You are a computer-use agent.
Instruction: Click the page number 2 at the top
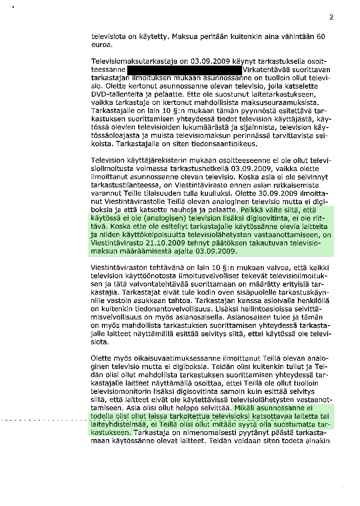(x=331, y=18)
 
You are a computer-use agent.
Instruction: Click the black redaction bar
(x=184, y=70)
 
